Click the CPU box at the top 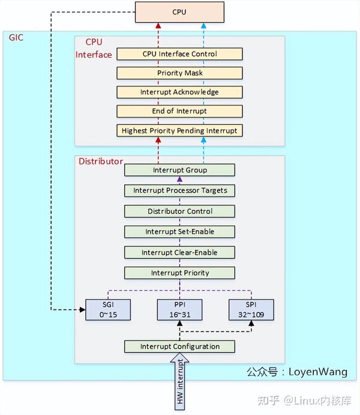click(x=179, y=11)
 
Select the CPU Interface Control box click(x=179, y=54)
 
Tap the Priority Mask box click(x=179, y=73)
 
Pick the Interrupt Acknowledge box click(x=179, y=92)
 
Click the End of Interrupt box click(x=179, y=111)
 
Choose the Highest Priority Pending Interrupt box click(x=179, y=130)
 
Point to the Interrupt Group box click(x=179, y=170)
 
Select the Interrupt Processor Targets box click(x=179, y=191)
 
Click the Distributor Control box click(x=179, y=211)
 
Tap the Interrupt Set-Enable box click(x=179, y=232)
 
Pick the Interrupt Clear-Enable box click(x=179, y=252)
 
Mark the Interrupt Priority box click(x=179, y=273)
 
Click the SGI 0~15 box click(x=108, y=309)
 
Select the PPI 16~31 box click(x=179, y=309)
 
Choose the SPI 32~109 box click(x=251, y=309)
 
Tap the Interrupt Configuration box click(x=179, y=347)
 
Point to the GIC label click(x=16, y=38)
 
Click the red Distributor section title click(x=101, y=162)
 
